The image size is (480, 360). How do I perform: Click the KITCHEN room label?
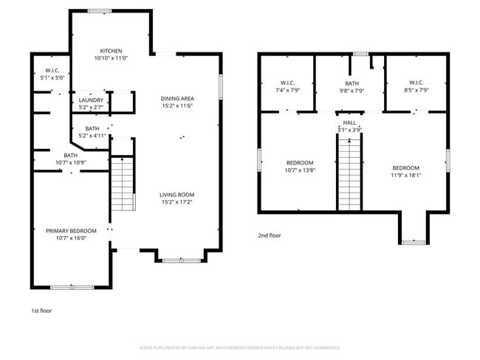pos(112,50)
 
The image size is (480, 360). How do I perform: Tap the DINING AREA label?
pos(177,98)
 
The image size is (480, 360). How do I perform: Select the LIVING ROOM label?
pos(177,195)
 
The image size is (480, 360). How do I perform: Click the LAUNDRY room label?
pos(92,100)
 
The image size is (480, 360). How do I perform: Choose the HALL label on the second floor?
pos(349,122)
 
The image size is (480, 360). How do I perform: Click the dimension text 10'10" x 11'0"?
pos(112,58)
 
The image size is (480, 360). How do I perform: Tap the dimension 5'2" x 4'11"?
pos(93,136)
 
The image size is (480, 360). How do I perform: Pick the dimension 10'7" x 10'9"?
pos(71,162)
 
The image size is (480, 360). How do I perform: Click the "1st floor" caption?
pos(41,311)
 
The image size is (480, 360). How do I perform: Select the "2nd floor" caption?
pos(270,235)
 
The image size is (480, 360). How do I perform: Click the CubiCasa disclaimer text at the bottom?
pos(239,347)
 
